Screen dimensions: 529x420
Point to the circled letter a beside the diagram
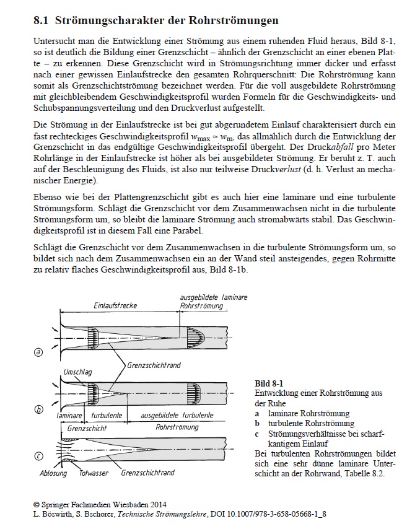39,352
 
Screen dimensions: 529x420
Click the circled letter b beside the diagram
39,409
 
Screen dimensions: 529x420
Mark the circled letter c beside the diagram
39,457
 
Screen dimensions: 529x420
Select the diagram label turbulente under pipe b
107,415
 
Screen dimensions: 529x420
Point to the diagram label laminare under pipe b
69,415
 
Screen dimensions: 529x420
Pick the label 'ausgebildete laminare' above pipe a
213,297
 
